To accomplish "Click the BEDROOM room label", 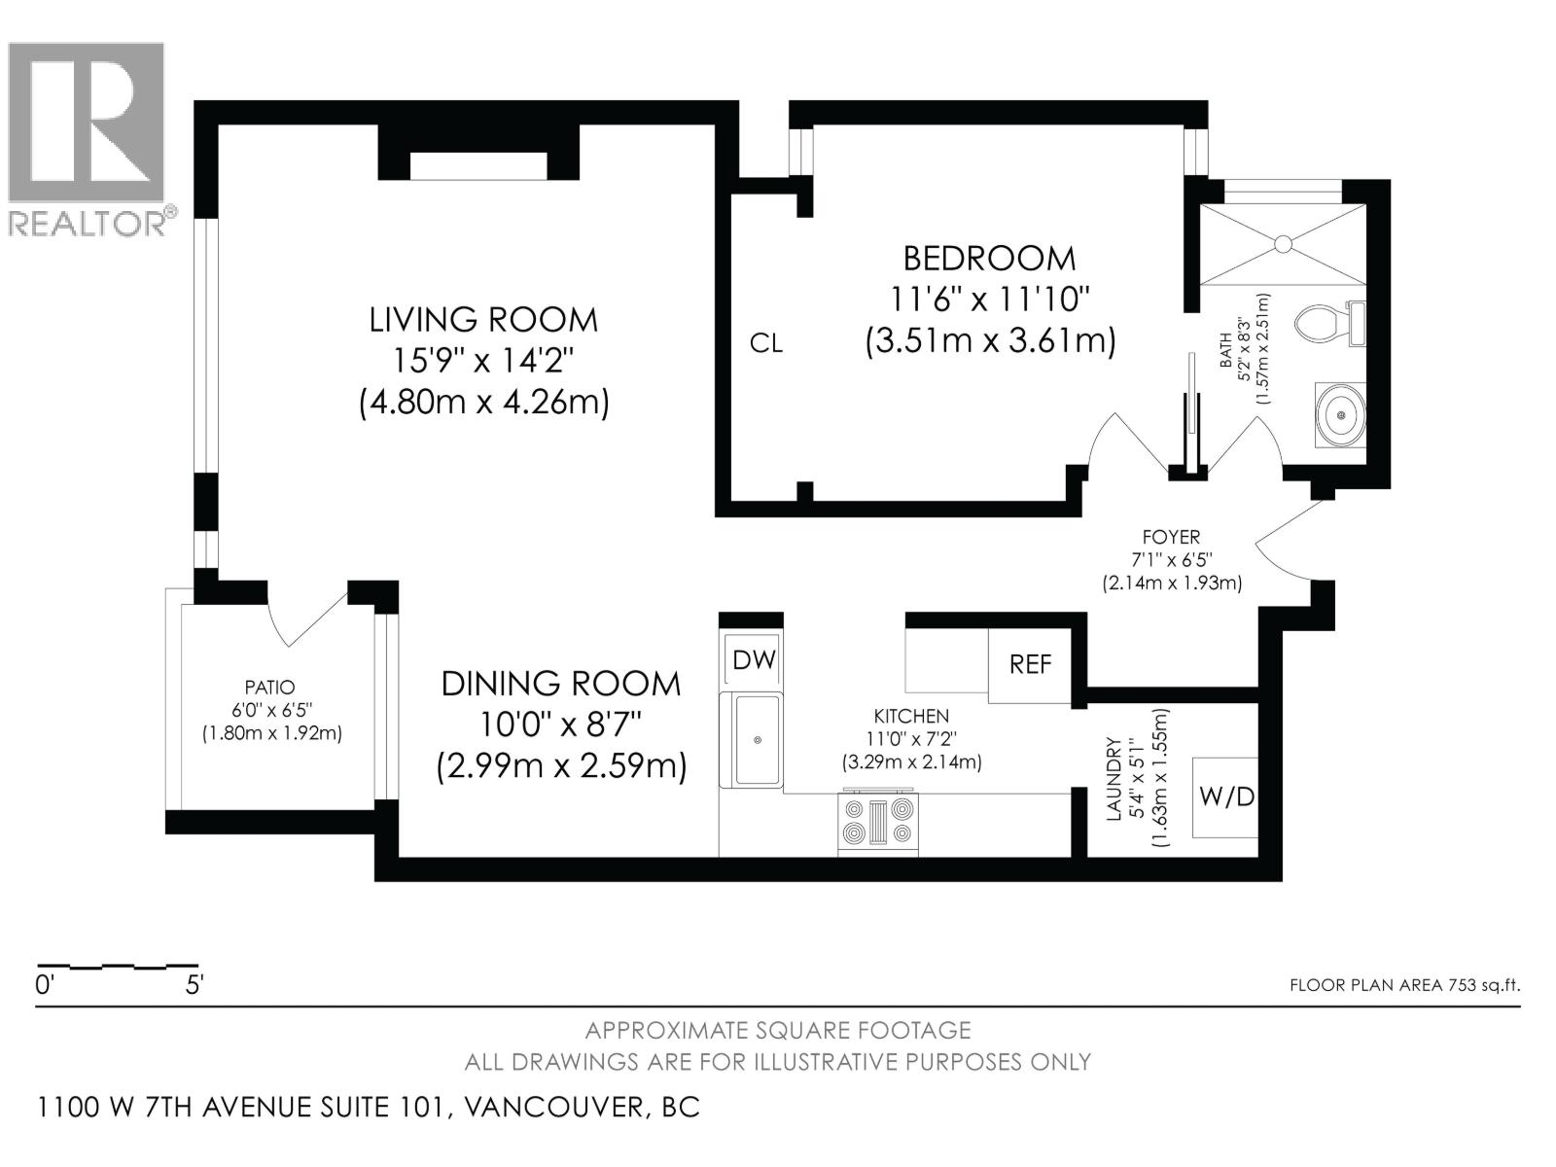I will tap(989, 259).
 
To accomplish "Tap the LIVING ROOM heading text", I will tap(483, 320).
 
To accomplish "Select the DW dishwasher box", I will tap(754, 660).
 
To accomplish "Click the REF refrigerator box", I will tap(1030, 664).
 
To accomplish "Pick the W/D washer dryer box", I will tap(1226, 797).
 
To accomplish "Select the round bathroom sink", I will tap(1341, 415).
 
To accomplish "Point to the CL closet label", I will tap(765, 343).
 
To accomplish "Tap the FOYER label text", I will tap(1171, 537).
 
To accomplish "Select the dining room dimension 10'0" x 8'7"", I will tap(561, 725).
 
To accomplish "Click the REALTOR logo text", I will tap(90, 224).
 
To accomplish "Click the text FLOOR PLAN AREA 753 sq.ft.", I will tap(1403, 985).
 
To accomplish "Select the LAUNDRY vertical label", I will tap(1114, 778).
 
